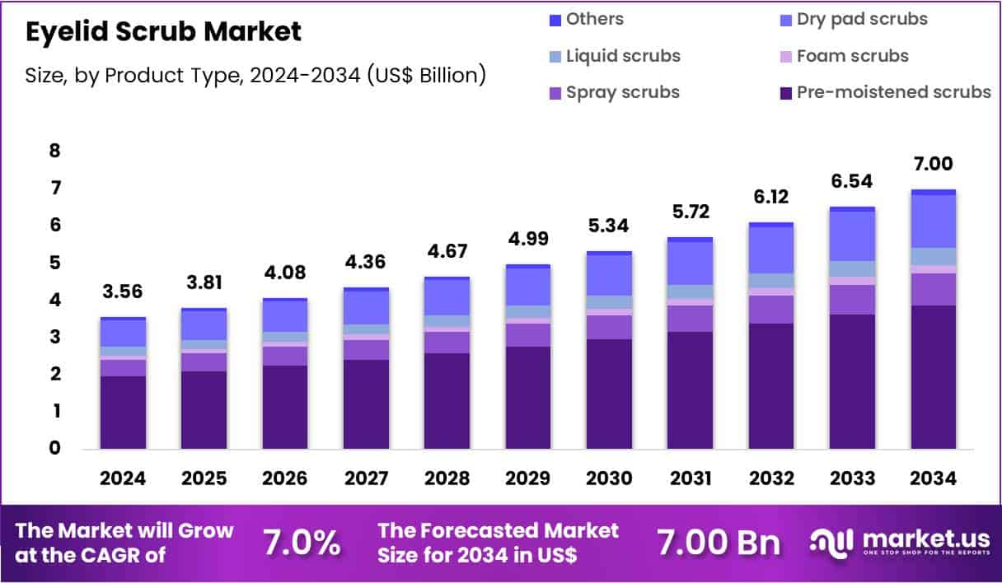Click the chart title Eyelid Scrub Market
coord(163,32)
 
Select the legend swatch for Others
coord(555,19)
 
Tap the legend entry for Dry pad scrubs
coord(861,19)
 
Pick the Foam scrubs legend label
coord(852,56)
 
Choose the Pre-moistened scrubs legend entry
coord(893,92)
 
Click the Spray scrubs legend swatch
coord(555,92)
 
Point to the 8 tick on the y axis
coord(54,151)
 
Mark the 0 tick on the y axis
coord(54,449)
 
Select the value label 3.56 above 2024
coord(123,292)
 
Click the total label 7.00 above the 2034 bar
coord(934,164)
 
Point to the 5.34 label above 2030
coord(609,226)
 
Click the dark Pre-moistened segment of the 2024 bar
coord(123,412)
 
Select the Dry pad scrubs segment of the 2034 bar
coord(934,221)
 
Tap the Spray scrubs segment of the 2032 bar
coord(771,309)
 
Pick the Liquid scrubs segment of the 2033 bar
coord(852,268)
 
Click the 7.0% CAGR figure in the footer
coord(301,543)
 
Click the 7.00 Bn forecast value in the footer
coord(718,543)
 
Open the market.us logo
coord(900,542)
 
